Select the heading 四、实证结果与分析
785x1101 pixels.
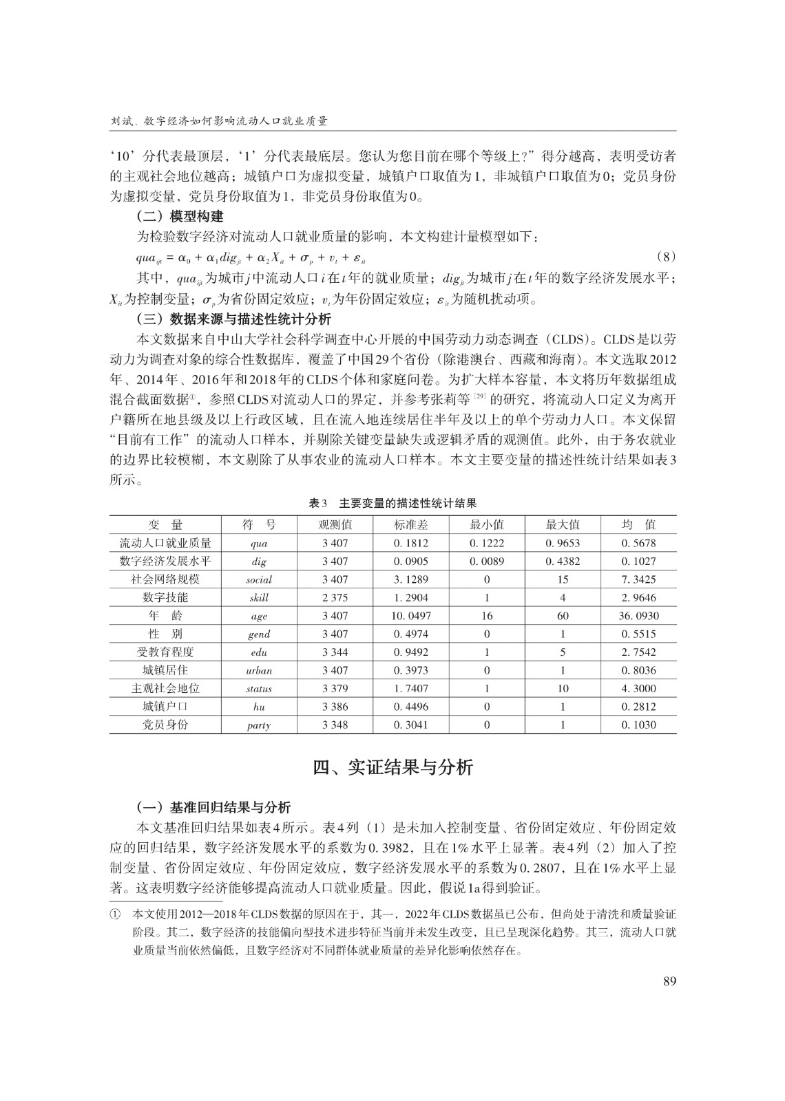[392, 767]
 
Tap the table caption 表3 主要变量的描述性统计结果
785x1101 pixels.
[392, 503]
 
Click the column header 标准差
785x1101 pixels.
[411, 525]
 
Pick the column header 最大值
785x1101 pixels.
[563, 525]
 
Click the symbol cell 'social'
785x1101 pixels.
[259, 579]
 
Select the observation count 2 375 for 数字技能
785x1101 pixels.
[335, 597]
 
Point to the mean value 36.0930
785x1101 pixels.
[638, 616]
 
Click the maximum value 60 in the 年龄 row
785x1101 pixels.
[563, 616]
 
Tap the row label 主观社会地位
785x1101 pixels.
[165, 688]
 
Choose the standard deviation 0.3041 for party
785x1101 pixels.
[411, 725]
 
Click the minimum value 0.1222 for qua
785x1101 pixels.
[487, 543]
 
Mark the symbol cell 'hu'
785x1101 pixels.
[259, 707]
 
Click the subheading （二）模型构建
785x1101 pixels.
[180, 217]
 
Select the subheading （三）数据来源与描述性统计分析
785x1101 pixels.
[234, 319]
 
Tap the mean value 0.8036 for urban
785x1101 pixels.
[638, 670]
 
